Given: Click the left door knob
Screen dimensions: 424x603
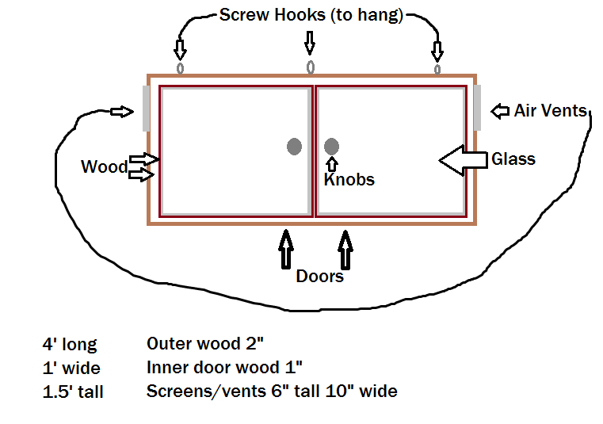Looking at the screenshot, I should pyautogui.click(x=294, y=146).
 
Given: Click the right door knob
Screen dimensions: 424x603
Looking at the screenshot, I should pyautogui.click(x=332, y=146).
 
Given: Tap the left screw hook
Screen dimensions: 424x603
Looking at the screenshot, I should pyautogui.click(x=180, y=68).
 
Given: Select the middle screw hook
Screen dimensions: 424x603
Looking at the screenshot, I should pyautogui.click(x=311, y=67).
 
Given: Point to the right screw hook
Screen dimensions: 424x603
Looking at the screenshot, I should pyautogui.click(x=437, y=69).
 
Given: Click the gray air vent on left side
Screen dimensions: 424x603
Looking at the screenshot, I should pyautogui.click(x=147, y=108).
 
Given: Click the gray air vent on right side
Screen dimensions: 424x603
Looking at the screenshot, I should pyautogui.click(x=478, y=108).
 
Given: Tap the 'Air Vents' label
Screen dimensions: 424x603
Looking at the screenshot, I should pyautogui.click(x=550, y=110).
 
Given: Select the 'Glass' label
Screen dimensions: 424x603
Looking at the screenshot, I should pyautogui.click(x=513, y=159).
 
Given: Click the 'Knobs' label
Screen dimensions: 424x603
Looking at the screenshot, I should pyautogui.click(x=349, y=180).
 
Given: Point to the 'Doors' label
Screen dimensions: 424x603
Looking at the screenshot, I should pyautogui.click(x=319, y=276).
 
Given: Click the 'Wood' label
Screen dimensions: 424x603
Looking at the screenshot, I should pyautogui.click(x=104, y=166).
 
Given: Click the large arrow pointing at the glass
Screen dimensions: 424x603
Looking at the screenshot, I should pyautogui.click(x=464, y=160).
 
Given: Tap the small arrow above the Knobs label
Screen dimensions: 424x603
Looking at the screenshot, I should pyautogui.click(x=332, y=164).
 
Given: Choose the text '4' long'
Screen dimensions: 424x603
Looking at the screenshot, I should pyautogui.click(x=70, y=345).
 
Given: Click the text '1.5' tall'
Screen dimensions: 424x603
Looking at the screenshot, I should pyautogui.click(x=73, y=392).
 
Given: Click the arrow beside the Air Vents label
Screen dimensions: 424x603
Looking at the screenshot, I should pyautogui.click(x=500, y=111).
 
